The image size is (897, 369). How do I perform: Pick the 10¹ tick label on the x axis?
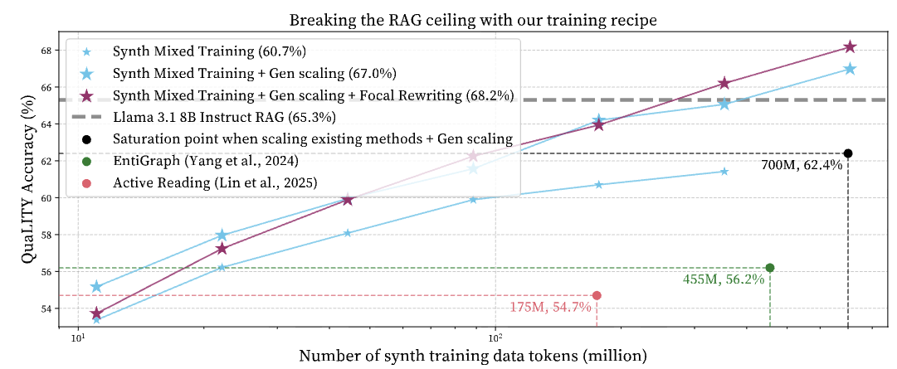click(78, 337)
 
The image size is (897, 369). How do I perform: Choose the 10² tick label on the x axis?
click(496, 337)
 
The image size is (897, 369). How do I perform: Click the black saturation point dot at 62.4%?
click(848, 153)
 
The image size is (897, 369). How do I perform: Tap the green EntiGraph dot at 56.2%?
click(770, 268)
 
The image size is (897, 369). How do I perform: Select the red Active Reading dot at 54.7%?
click(597, 295)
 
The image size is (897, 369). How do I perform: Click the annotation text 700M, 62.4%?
click(802, 166)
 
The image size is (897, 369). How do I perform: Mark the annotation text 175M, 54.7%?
click(551, 308)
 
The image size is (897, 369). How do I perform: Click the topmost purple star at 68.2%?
click(849, 47)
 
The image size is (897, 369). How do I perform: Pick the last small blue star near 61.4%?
click(724, 172)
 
